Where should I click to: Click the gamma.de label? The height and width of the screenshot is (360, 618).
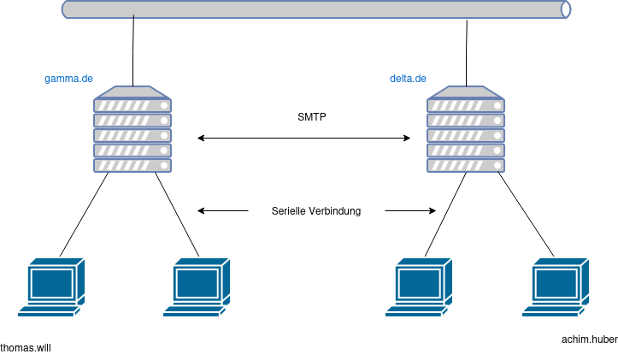[x=68, y=79]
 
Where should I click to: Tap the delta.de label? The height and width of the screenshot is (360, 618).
[x=408, y=79]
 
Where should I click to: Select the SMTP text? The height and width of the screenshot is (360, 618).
[x=312, y=117]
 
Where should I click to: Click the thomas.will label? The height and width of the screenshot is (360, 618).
[x=26, y=348]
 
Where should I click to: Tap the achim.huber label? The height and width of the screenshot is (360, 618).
[x=590, y=339]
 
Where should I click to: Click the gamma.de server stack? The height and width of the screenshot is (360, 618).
[x=132, y=129]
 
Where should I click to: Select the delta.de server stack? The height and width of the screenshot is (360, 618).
[x=466, y=129]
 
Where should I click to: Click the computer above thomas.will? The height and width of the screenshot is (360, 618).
[x=51, y=287]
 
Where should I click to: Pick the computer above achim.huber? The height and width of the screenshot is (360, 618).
[x=556, y=287]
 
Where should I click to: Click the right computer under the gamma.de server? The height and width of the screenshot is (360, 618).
[x=197, y=287]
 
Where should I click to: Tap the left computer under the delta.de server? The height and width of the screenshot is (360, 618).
[x=419, y=287]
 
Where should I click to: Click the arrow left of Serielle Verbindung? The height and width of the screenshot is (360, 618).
[x=223, y=211]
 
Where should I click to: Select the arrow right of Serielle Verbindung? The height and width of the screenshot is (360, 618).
[x=410, y=211]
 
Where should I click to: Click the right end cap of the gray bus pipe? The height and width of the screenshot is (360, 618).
[x=566, y=9]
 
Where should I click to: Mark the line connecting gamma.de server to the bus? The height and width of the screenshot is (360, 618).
[x=133, y=50]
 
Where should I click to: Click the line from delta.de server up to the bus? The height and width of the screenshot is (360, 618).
[x=467, y=54]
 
